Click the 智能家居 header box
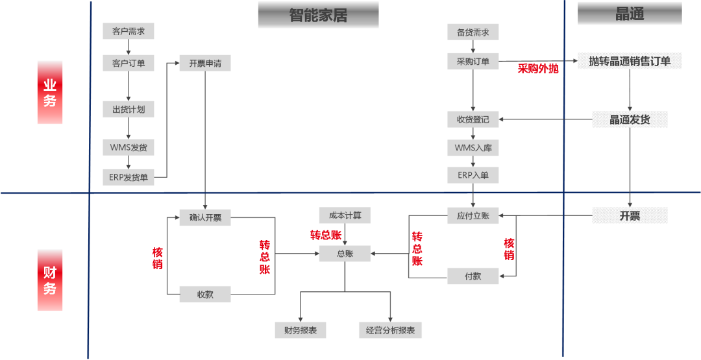(318, 15)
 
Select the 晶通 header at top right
(630, 14)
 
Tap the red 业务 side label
(50, 92)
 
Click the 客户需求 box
(129, 31)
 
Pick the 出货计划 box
(129, 110)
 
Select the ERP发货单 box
(129, 177)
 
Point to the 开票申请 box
(205, 63)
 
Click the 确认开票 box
(205, 217)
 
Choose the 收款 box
(205, 294)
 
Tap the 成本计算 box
(345, 215)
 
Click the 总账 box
(345, 254)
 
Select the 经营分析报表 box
(390, 330)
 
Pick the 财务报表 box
(300, 330)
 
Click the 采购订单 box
(473, 62)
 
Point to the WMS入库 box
(473, 148)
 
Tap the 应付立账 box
(473, 215)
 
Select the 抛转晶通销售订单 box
(630, 62)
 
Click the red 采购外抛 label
(537, 69)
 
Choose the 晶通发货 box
(630, 119)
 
